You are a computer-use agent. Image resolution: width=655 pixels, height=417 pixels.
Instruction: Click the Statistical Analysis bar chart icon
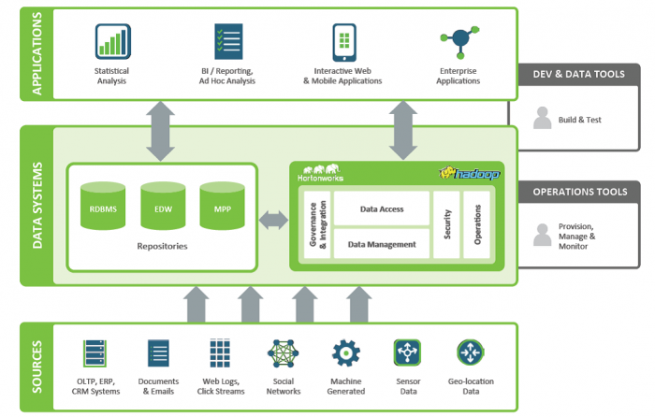tap(111, 42)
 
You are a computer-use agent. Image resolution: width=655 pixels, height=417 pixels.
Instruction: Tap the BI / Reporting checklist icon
tap(227, 42)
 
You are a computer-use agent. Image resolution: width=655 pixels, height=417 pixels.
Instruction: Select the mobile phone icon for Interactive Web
tap(343, 42)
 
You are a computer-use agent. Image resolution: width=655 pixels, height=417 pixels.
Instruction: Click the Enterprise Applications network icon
tap(459, 40)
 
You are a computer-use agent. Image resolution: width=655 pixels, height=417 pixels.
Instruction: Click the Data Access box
tap(381, 208)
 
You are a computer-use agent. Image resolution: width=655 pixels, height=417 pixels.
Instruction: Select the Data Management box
tap(381, 244)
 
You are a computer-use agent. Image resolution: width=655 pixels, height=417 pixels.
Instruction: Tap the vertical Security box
tap(447, 224)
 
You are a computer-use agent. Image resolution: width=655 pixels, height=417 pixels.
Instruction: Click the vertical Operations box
tap(477, 224)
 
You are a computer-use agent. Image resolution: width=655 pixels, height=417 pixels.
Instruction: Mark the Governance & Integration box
tap(316, 224)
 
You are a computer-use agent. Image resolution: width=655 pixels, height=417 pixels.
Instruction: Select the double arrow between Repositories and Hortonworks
tap(274, 221)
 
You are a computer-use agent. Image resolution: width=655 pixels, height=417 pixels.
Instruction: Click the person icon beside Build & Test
tap(542, 118)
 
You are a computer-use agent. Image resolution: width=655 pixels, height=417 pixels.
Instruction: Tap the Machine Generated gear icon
tap(345, 353)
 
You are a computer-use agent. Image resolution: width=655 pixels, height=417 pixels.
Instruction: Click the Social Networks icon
tap(284, 353)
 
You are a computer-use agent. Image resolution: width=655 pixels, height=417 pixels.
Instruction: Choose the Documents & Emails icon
tap(158, 353)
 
